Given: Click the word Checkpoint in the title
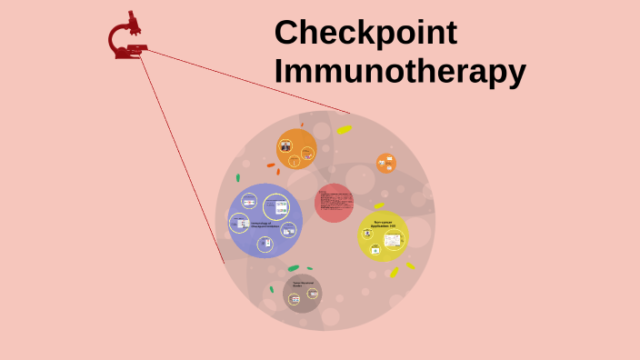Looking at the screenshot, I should pyautogui.click(x=365, y=33).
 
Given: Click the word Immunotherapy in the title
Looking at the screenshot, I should pyautogui.click(x=400, y=71).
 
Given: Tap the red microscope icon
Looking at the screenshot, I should pyautogui.click(x=127, y=36).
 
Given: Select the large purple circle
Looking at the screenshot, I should pyautogui.click(x=264, y=221).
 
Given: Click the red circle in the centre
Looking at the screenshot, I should pyautogui.click(x=334, y=203).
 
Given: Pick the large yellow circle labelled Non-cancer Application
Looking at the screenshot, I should pyautogui.click(x=383, y=236).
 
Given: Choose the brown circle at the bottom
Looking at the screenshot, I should pyautogui.click(x=302, y=293).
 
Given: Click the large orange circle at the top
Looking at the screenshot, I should pyautogui.click(x=296, y=149).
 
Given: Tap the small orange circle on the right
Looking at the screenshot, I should pyautogui.click(x=386, y=163).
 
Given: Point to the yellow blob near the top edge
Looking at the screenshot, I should pyautogui.click(x=344, y=129).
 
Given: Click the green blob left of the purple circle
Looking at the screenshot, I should pyautogui.click(x=238, y=178).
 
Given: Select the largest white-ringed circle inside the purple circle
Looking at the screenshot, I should pyautogui.click(x=275, y=206).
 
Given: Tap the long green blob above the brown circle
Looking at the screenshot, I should pyautogui.click(x=294, y=268).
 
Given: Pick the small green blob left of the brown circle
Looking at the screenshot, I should pyautogui.click(x=271, y=289).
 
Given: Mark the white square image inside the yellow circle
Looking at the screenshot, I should pyautogui.click(x=392, y=240).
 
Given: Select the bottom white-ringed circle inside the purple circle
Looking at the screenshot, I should pyautogui.click(x=265, y=244).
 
